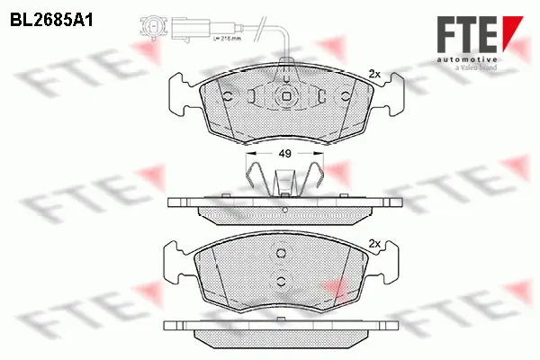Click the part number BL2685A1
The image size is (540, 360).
(x=52, y=17)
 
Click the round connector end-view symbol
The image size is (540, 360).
(x=154, y=29)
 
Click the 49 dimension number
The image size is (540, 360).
(x=284, y=154)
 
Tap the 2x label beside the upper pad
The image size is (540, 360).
(x=376, y=75)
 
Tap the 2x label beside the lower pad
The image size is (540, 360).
(x=376, y=243)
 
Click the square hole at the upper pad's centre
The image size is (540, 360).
(x=284, y=98)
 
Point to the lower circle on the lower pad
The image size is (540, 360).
(x=282, y=282)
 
